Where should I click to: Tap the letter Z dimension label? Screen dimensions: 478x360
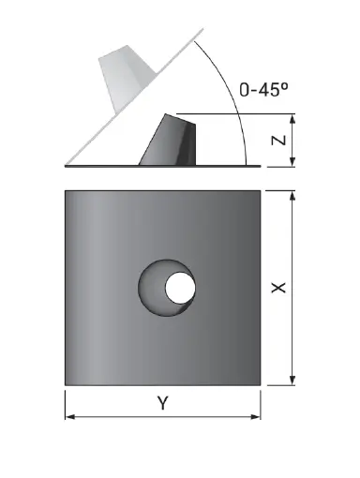(278, 141)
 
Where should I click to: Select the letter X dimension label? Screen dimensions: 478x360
(278, 288)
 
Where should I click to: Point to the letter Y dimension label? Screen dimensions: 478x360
(162, 404)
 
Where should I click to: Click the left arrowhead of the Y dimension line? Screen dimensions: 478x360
(68, 416)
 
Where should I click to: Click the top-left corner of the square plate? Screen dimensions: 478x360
(66, 191)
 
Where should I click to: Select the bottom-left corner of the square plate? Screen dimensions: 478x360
(66, 384)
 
